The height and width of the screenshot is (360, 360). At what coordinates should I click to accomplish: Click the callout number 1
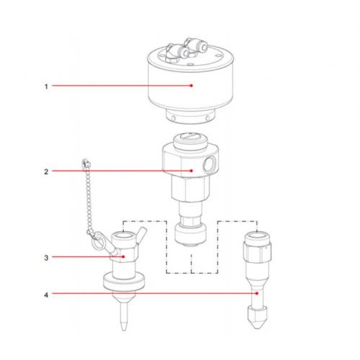pos(45,86)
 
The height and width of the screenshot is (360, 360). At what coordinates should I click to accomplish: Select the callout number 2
pos(45,171)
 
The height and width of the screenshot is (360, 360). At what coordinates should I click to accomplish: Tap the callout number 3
pos(45,256)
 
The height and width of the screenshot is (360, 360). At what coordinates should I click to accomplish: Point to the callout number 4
pos(45,294)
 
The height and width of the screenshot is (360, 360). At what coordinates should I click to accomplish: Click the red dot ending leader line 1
pos(192,86)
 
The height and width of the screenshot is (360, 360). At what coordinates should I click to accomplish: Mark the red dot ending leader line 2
pos(192,171)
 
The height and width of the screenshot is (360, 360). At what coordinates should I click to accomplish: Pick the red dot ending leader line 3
pos(124,256)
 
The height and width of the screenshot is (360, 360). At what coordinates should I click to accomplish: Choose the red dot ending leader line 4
pos(256,294)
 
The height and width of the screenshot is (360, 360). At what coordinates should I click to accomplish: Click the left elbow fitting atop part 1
pos(170,50)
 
